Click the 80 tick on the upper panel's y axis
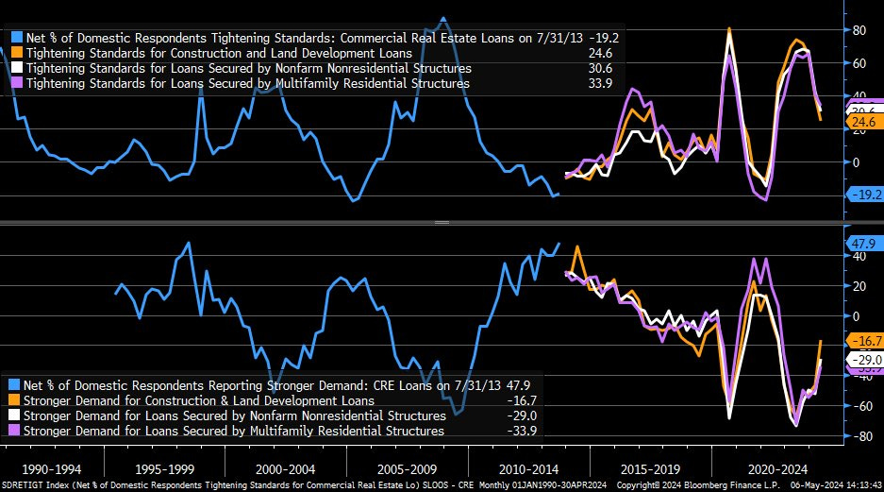click(x=859, y=30)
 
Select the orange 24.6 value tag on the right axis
click(x=860, y=122)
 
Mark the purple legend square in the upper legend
click(x=16, y=84)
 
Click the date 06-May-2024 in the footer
click(x=811, y=485)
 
